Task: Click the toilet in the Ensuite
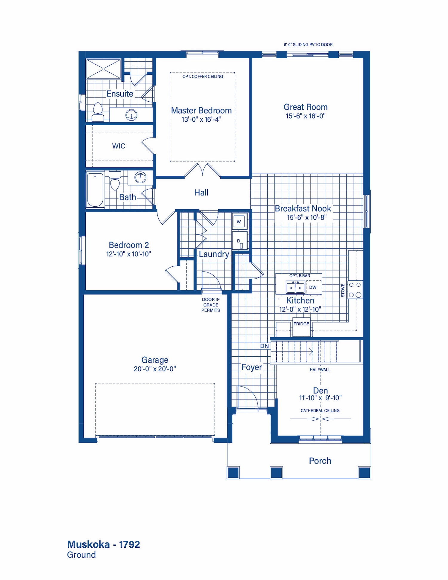[x=98, y=112]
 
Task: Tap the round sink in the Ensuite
[x=131, y=115]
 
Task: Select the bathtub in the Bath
[x=95, y=190]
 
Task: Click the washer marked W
[x=239, y=222]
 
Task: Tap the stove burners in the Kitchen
[x=355, y=290]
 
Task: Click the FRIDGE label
[x=301, y=324]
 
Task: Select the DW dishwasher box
[x=313, y=287]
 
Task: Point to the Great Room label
[x=306, y=107]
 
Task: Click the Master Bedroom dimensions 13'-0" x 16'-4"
[x=201, y=119]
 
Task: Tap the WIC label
[x=119, y=146]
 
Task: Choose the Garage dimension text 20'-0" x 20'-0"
[x=155, y=369]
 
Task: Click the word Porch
[x=320, y=461]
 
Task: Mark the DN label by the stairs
[x=265, y=346]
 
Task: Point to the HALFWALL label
[x=320, y=370]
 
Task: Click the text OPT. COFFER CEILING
[x=203, y=77]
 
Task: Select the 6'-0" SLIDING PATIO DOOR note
[x=308, y=45]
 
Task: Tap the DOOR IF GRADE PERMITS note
[x=211, y=305]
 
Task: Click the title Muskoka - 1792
[x=104, y=544]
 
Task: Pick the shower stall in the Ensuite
[x=104, y=69]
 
